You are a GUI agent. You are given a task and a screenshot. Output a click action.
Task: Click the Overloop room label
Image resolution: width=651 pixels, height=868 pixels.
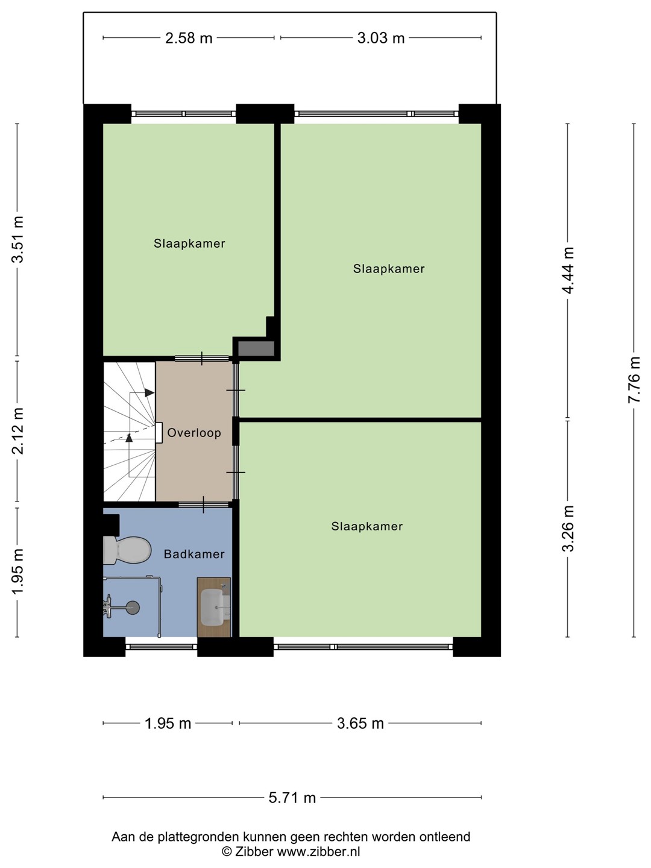click(194, 433)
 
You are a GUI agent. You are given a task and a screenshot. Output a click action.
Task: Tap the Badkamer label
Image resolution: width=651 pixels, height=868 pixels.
click(194, 554)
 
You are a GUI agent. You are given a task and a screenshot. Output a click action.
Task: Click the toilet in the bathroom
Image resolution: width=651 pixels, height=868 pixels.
click(127, 550)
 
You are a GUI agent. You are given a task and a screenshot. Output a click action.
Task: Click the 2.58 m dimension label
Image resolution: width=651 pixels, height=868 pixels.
click(189, 39)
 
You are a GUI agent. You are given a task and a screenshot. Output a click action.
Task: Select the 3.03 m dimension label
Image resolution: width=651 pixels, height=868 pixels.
click(380, 39)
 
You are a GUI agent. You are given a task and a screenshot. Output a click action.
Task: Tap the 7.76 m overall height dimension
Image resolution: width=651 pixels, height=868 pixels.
click(634, 380)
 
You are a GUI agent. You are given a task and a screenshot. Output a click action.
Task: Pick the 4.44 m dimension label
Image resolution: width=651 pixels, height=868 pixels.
click(568, 270)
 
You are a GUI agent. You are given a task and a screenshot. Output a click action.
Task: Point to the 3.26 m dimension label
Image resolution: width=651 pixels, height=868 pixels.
click(568, 529)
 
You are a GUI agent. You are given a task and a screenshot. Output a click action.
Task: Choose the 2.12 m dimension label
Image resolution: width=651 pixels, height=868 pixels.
click(18, 430)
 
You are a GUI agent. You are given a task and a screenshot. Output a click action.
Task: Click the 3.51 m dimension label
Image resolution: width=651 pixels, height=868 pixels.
click(18, 239)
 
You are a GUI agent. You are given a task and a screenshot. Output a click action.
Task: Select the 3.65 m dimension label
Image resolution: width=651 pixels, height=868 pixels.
click(360, 724)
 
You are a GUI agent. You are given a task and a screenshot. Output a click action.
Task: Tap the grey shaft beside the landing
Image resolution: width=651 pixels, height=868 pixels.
click(256, 349)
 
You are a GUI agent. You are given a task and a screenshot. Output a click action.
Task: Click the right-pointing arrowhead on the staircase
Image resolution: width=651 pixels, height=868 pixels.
click(149, 392)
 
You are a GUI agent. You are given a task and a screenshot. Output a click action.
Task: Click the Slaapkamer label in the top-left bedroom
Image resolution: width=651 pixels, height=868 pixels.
click(189, 243)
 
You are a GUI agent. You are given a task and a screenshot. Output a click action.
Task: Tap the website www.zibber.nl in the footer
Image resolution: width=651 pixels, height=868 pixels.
click(319, 851)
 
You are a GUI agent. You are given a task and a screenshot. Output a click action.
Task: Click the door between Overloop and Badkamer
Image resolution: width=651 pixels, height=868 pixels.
click(204, 505)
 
